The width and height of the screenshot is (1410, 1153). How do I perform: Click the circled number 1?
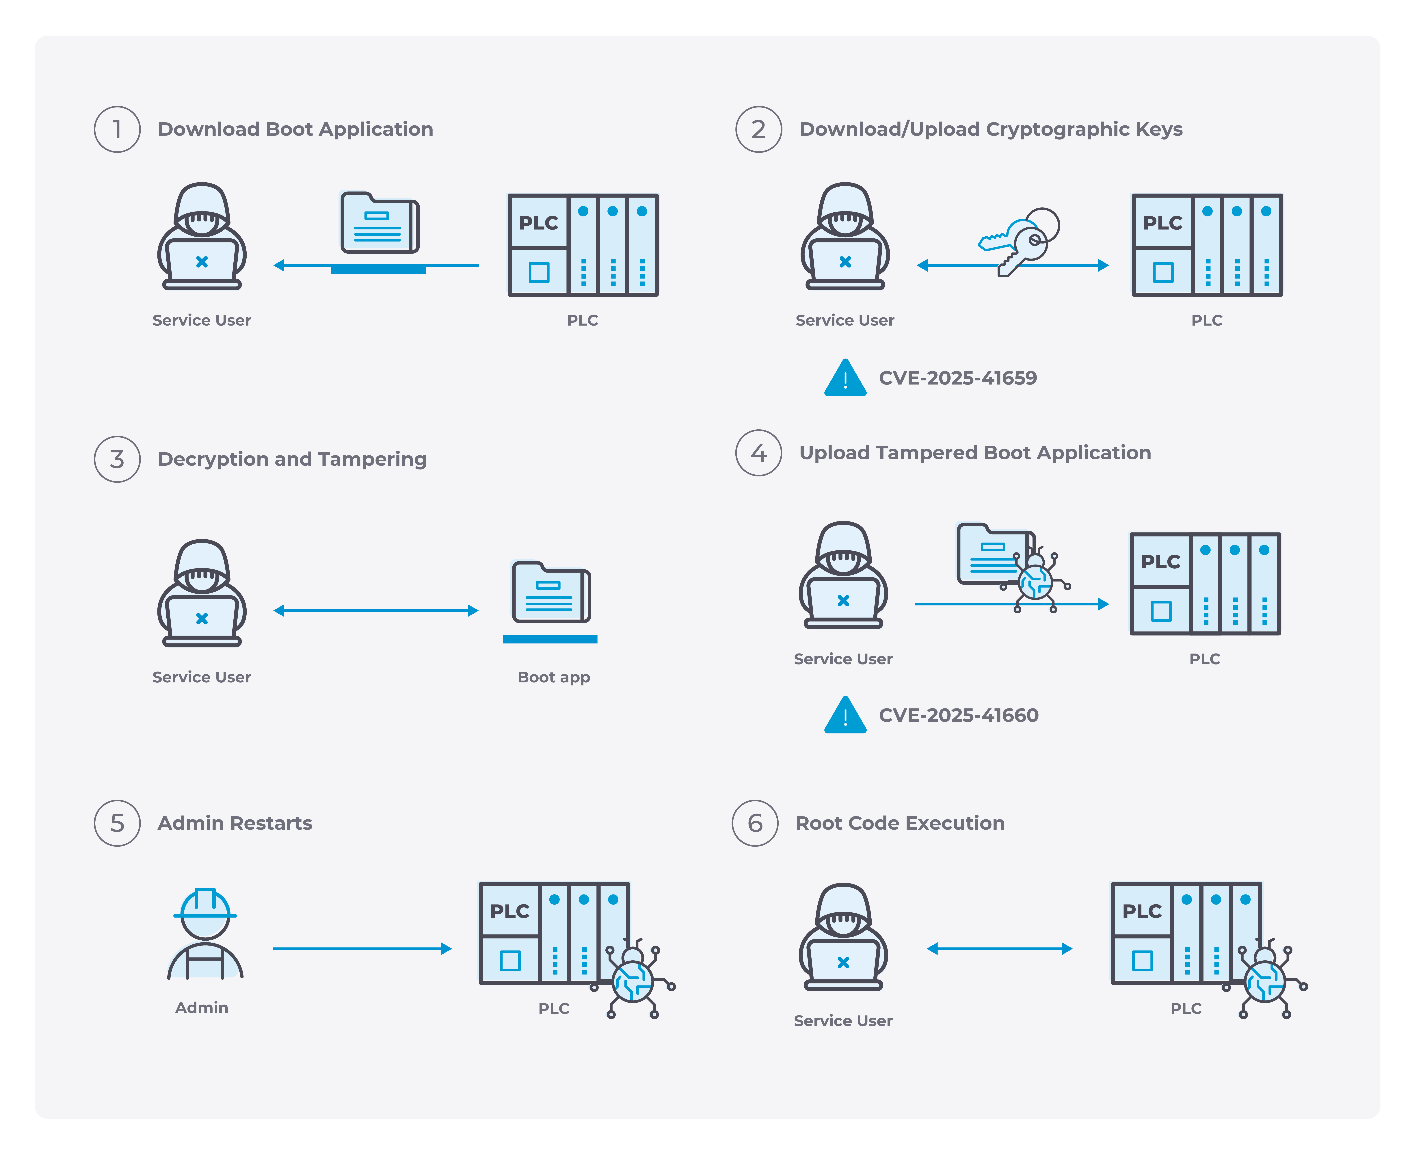pos(117,129)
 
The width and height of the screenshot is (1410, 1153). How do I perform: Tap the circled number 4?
pos(758,453)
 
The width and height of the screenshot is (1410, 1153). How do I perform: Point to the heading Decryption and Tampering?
pos(292,459)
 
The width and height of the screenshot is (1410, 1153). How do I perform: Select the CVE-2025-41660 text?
pos(958,715)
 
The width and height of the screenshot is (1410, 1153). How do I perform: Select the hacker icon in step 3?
pos(202,593)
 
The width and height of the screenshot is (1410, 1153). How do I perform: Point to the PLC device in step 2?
pos(1207,245)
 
